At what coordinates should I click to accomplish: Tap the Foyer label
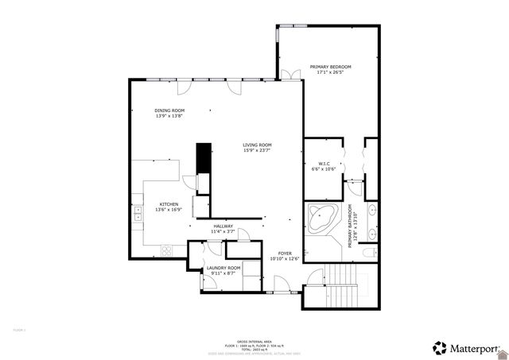(x=284, y=255)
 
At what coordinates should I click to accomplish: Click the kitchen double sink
(x=138, y=212)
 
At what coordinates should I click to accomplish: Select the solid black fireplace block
(x=204, y=157)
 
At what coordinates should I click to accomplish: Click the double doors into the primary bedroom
(x=290, y=75)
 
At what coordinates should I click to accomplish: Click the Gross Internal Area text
(x=254, y=339)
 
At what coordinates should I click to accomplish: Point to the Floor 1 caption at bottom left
(x=19, y=329)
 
